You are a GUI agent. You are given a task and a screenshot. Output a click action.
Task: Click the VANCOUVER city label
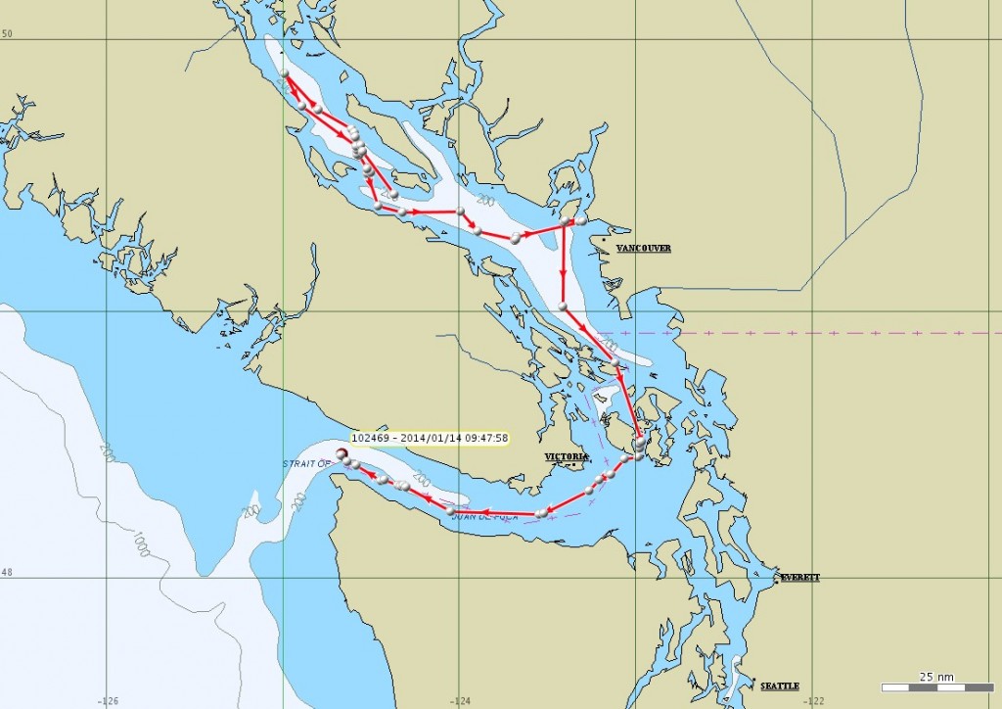[644, 249]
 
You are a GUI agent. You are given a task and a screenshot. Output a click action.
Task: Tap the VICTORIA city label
[567, 457]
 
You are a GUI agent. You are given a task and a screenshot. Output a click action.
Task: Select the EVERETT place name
[799, 578]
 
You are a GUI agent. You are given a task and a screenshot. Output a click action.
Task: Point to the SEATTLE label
[780, 685]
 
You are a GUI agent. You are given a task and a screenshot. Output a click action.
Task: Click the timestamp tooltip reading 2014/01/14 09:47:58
[431, 438]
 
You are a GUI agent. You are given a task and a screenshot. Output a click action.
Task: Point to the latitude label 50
[7, 34]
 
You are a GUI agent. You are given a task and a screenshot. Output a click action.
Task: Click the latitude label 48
[7, 572]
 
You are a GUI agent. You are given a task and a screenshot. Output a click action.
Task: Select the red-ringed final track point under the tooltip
[342, 453]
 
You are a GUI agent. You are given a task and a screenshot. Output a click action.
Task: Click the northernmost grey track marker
[284, 73]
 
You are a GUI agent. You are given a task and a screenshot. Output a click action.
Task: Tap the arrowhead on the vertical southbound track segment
[563, 275]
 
